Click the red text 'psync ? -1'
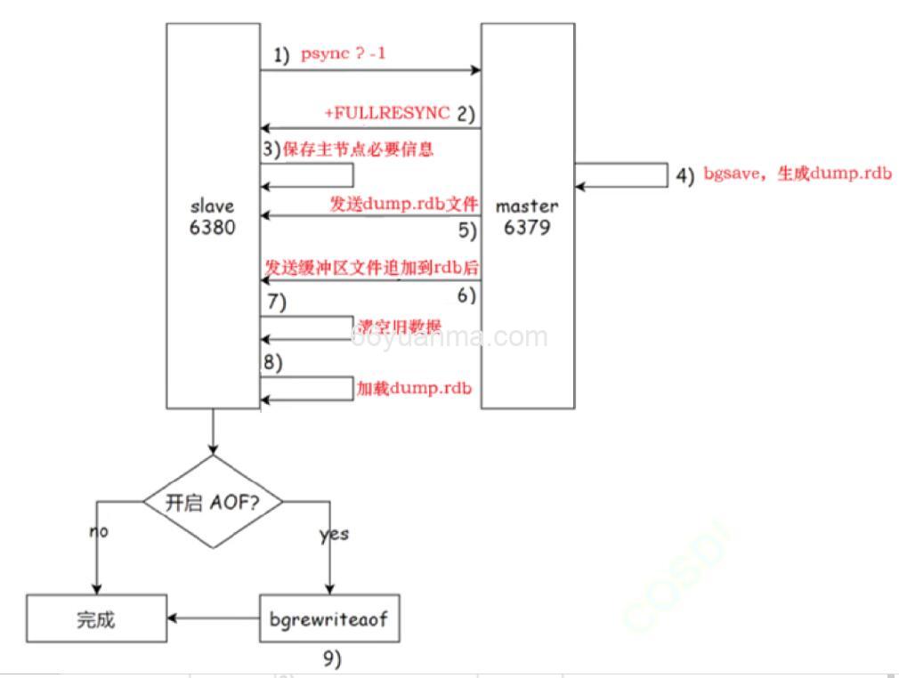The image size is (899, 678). click(343, 54)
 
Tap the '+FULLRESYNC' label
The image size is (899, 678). click(386, 114)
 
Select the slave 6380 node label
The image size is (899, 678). click(213, 216)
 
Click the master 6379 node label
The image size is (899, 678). click(527, 216)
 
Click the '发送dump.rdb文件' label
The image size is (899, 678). click(404, 205)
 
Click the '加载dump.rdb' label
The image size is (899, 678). click(413, 389)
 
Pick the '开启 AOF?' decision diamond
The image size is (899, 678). click(213, 502)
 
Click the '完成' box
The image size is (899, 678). click(96, 618)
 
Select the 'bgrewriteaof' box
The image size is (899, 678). click(329, 618)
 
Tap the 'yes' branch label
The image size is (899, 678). click(334, 535)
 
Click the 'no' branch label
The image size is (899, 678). click(98, 531)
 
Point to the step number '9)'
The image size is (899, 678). click(331, 659)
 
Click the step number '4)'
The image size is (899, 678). click(684, 175)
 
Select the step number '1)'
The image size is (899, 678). click(281, 55)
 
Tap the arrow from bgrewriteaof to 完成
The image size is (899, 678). click(213, 617)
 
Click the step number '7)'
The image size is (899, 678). click(276, 303)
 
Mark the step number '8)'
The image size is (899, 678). click(271, 364)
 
